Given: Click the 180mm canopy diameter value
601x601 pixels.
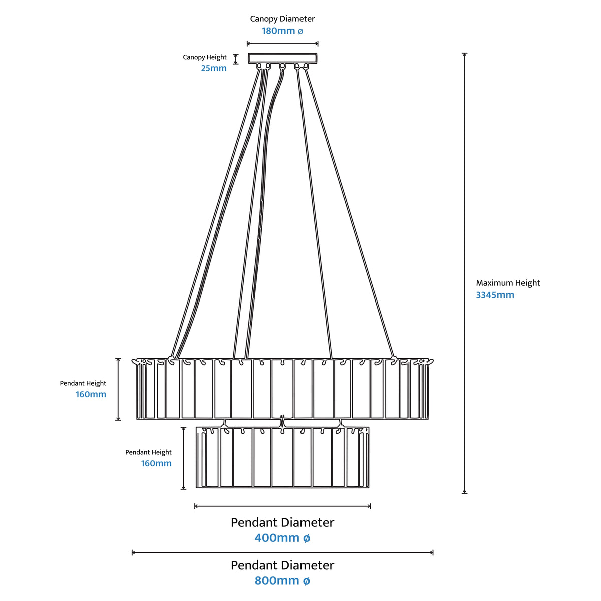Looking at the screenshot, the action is (x=282, y=31).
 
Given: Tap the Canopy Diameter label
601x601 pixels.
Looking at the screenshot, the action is (x=282, y=19).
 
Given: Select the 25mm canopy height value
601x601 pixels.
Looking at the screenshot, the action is (x=214, y=68).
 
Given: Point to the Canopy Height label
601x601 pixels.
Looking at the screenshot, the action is (x=205, y=57).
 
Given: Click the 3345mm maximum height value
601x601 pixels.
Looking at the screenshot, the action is (x=495, y=295).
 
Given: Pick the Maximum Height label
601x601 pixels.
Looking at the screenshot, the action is (x=508, y=283).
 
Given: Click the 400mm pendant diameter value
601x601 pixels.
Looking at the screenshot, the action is (x=282, y=538).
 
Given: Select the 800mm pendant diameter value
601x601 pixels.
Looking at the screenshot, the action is (x=282, y=581).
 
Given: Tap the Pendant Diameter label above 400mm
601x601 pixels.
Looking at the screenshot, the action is (x=282, y=523).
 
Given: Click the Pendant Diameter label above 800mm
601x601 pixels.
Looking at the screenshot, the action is (x=282, y=565).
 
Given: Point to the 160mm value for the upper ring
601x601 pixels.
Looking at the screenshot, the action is (x=91, y=394).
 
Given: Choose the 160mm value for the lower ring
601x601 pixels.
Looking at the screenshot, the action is (x=156, y=463).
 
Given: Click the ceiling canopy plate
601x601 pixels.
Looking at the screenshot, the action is (x=282, y=58).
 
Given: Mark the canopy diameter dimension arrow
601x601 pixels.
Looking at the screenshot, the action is (x=282, y=44).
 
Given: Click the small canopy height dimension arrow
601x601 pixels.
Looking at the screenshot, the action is (x=236, y=59).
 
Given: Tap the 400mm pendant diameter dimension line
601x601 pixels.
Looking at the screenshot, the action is (x=282, y=506).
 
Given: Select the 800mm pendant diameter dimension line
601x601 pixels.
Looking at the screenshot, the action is (x=282, y=553).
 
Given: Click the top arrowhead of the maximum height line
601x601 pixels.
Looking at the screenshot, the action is (x=465, y=54).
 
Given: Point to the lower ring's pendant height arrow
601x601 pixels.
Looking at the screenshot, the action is (x=183, y=458).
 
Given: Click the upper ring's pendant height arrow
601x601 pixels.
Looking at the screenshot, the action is (x=118, y=389).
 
